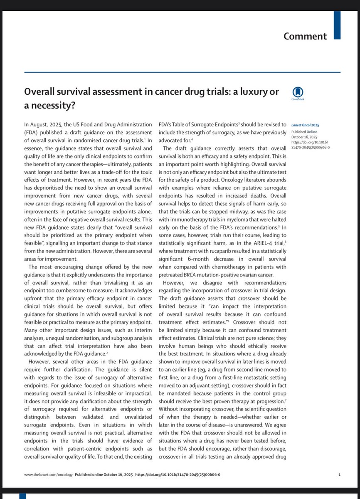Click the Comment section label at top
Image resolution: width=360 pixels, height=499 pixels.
306,36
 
